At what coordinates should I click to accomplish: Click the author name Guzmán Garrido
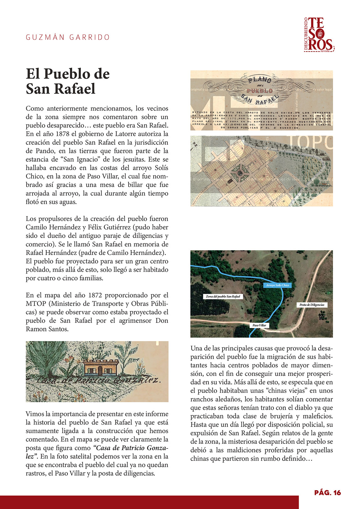click(68, 37)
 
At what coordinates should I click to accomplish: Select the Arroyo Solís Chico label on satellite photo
click(277, 285)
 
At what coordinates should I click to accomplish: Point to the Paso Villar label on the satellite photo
click(259, 325)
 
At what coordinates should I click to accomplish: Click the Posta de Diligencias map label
click(311, 305)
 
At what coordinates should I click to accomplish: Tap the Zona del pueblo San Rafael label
click(223, 296)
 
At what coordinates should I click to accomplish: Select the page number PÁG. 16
click(327, 492)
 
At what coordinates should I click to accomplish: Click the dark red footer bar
click(149, 502)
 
